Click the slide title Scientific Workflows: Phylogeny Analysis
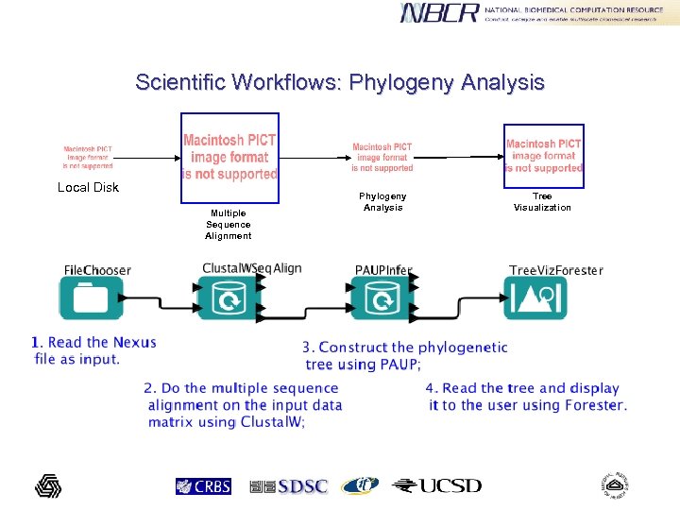pos(339,82)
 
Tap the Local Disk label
pos(88,187)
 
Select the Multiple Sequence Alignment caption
pos(229,225)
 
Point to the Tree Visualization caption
pos(542,201)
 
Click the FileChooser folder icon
pos(91,299)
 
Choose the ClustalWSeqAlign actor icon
pos(229,299)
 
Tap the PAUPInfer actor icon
pos(382,299)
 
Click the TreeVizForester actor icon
pos(535,299)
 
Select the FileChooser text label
pos(97,270)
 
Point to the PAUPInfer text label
pos(383,270)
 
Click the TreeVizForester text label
pos(555,270)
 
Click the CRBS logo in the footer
pos(203,486)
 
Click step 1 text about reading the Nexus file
pos(93,350)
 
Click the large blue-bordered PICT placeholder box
pos(229,157)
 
